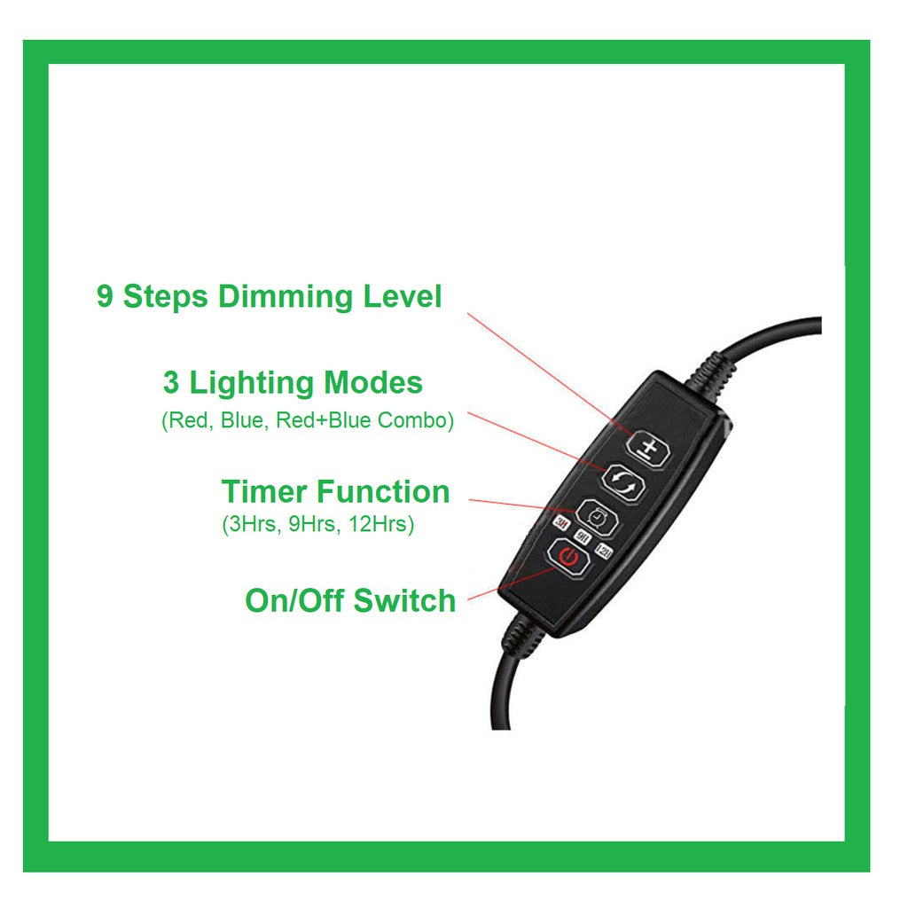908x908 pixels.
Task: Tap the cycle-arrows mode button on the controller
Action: pyautogui.click(x=624, y=481)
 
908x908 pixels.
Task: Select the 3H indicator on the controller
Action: pyautogui.click(x=560, y=533)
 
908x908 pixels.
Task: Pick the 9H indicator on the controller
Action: pyautogui.click(x=583, y=538)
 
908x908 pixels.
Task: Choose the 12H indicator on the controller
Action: pyautogui.click(x=604, y=552)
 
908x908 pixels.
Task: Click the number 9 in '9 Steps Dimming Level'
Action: pyautogui.click(x=105, y=297)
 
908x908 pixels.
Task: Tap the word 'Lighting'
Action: pyautogui.click(x=252, y=384)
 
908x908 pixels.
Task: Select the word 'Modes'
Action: pyautogui.click(x=372, y=383)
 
